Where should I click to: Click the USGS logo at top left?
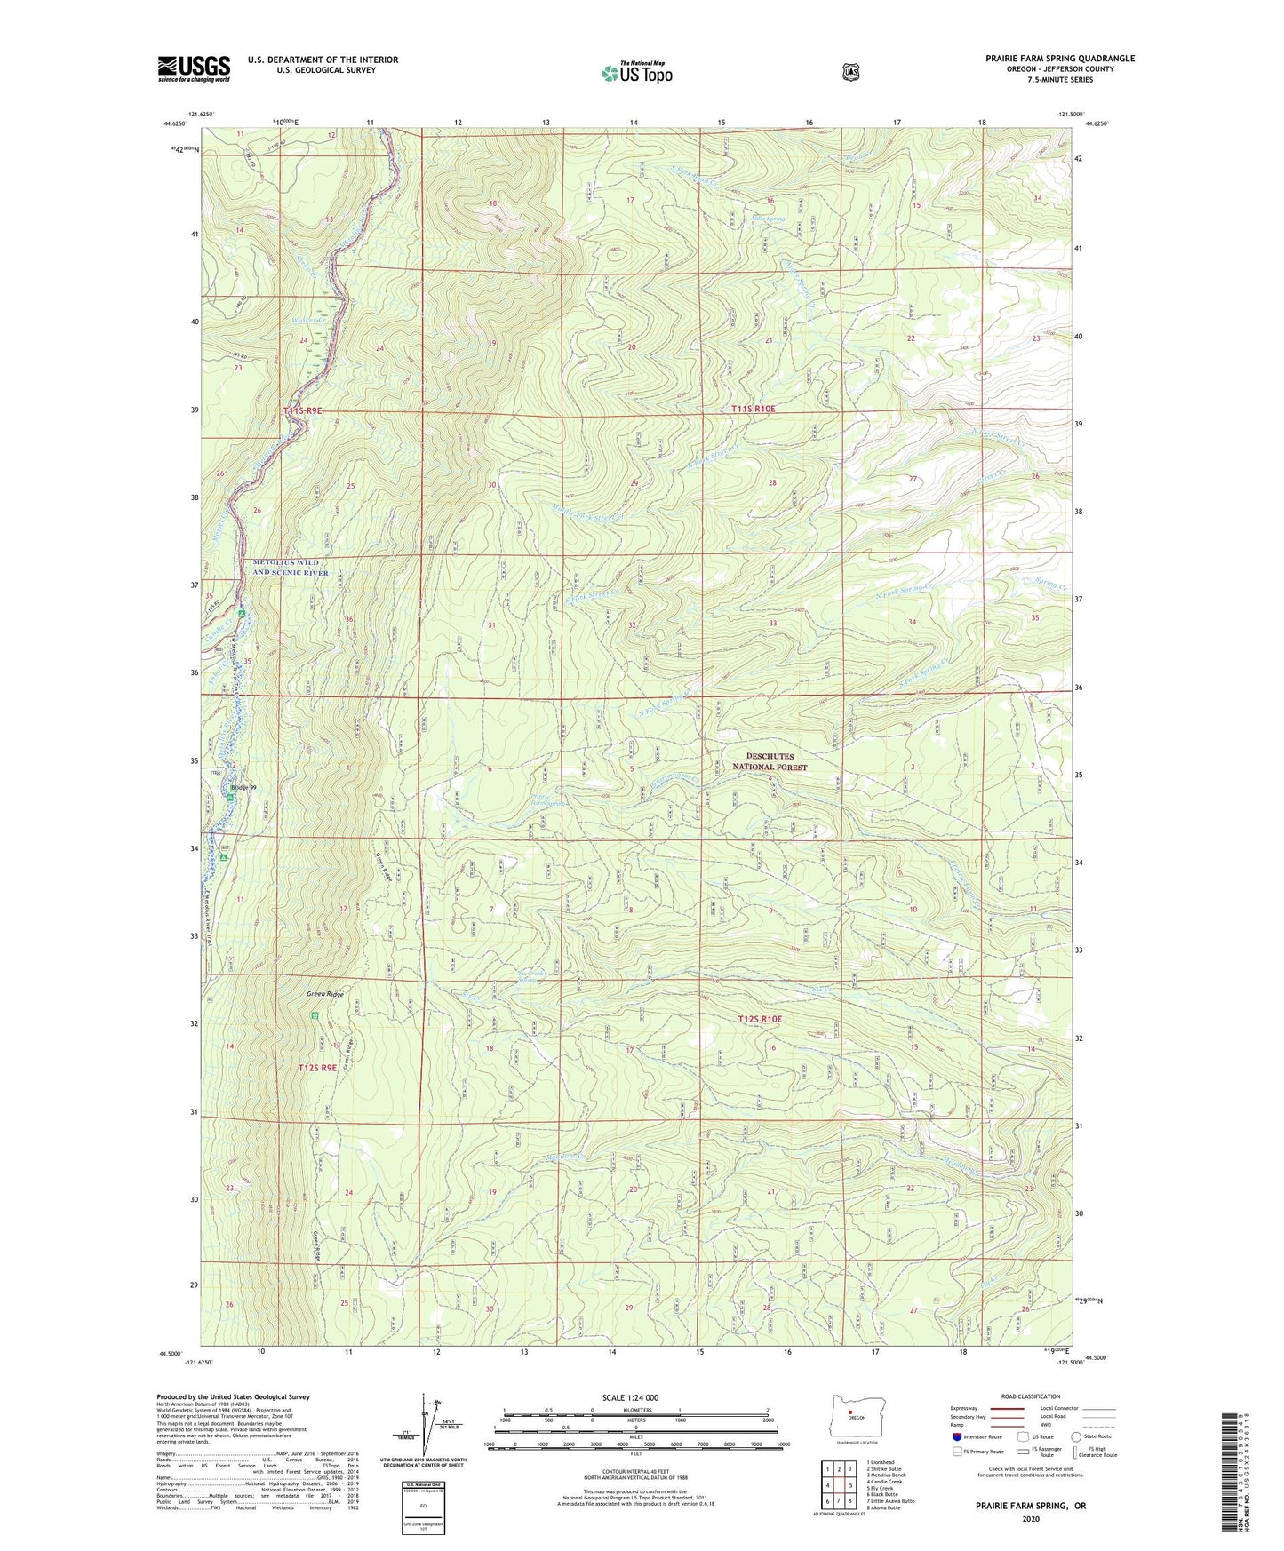(194, 68)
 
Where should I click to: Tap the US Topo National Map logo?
(634, 72)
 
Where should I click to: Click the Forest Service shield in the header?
(851, 71)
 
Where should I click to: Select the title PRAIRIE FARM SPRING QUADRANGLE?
(1059, 59)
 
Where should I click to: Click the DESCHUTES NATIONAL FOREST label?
(770, 761)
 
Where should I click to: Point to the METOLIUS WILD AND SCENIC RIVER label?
(291, 568)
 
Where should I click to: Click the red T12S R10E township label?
(760, 1019)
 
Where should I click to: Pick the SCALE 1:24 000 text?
(630, 1397)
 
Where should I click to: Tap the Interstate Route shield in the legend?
(956, 1436)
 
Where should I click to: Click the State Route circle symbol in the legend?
(1076, 1436)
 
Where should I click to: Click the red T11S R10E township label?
(753, 409)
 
